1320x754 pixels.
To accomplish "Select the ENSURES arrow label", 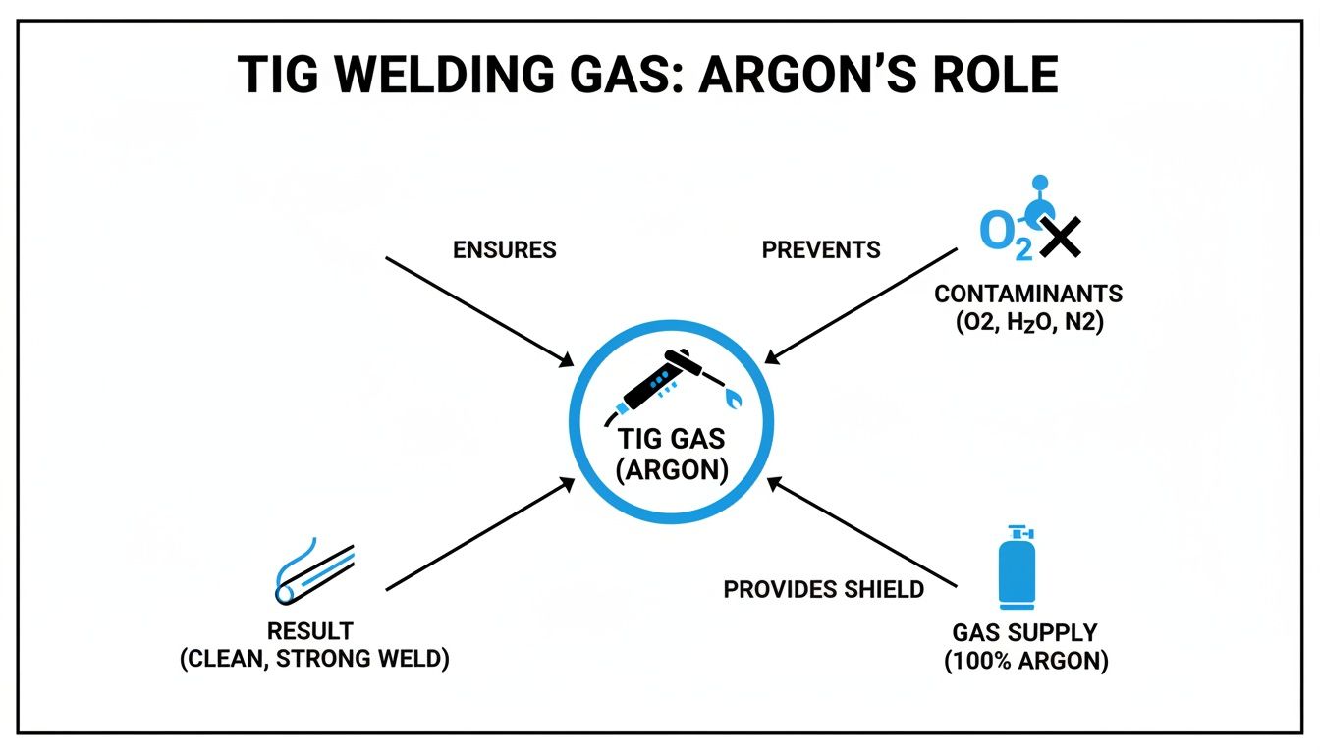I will point(504,250).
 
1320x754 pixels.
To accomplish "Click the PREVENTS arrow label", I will point(821,250).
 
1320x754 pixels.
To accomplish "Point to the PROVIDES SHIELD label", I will point(823,589).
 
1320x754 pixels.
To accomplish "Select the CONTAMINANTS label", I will point(1028,294).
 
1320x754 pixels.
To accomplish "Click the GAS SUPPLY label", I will point(1025,633).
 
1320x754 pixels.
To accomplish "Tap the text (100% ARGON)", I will point(1025,662).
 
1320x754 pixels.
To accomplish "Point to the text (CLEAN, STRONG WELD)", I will point(315,659).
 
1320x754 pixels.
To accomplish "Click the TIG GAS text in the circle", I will point(671,439).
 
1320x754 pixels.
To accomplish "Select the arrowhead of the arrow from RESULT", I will point(569,482).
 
